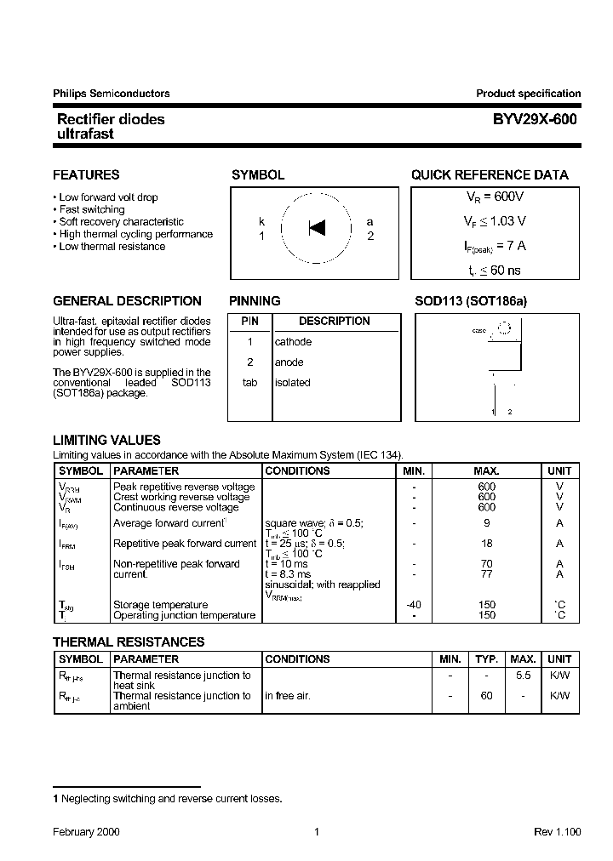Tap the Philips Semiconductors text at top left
[112, 94]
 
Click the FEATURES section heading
[86, 175]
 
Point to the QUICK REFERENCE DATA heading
[490, 175]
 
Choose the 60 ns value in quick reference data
[505, 271]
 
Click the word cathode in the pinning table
[293, 342]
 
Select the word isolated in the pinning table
[292, 383]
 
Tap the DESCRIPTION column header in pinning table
[335, 322]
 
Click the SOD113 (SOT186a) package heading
[471, 301]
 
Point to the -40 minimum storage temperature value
[414, 605]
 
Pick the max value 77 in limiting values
[486, 574]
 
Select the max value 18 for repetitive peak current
[486, 544]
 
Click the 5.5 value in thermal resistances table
[523, 675]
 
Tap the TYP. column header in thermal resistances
[486, 659]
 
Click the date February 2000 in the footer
[86, 832]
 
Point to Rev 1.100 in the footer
[557, 832]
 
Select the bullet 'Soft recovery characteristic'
[121, 222]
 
